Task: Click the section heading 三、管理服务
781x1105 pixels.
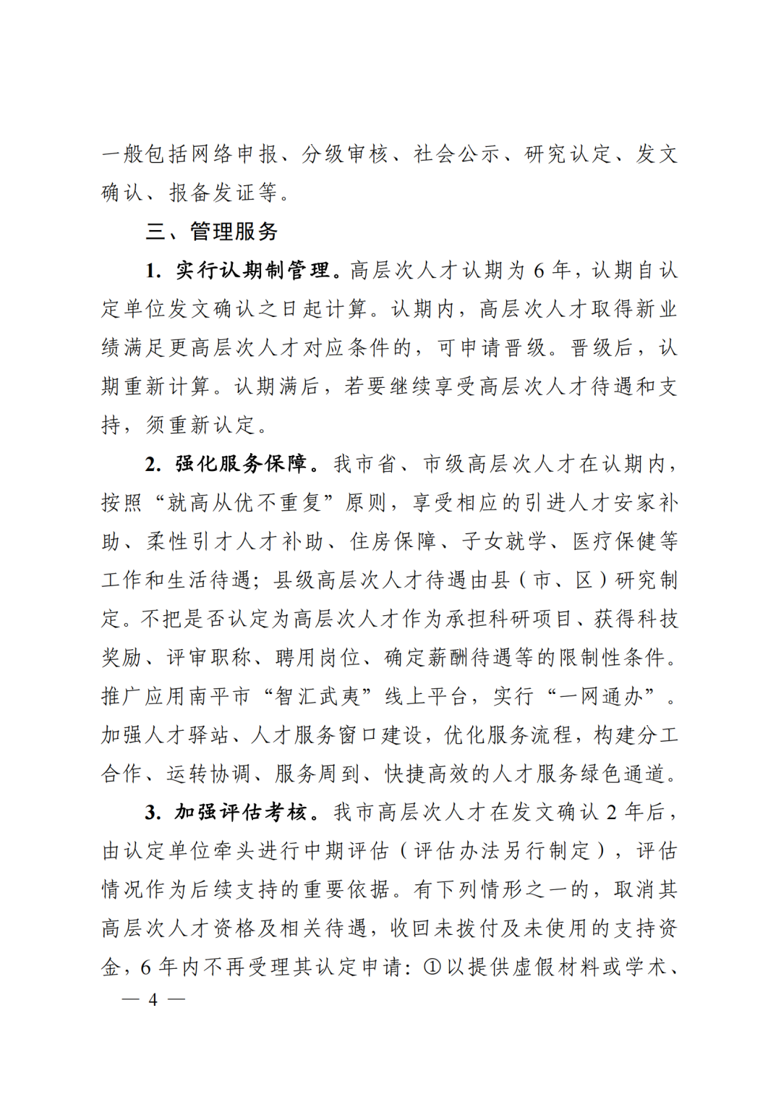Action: click(212, 232)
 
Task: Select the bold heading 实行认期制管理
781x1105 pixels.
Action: click(252, 271)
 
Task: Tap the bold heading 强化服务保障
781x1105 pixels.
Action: click(242, 464)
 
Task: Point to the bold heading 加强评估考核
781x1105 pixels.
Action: click(242, 813)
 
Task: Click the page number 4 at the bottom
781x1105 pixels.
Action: click(153, 1000)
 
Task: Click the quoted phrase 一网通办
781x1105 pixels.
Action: click(612, 696)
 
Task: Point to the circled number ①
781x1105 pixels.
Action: click(432, 968)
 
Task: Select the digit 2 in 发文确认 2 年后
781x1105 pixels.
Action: click(612, 813)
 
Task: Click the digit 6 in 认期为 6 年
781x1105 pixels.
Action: click(539, 271)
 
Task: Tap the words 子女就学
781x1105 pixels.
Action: click(503, 541)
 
